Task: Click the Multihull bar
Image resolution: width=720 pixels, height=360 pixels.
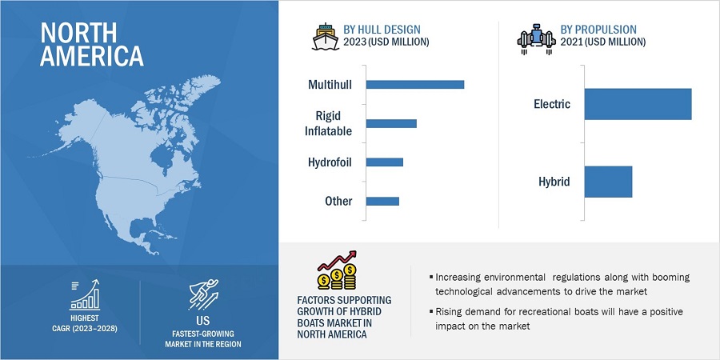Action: (x=415, y=85)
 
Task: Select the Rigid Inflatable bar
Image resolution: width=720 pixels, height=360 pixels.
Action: (x=391, y=123)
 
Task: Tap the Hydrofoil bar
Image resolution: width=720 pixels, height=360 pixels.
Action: (x=385, y=162)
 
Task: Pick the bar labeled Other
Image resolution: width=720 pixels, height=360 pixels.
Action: (x=382, y=201)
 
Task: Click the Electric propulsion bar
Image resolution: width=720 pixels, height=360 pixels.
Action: (x=638, y=104)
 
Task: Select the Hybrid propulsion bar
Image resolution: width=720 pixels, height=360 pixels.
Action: (x=609, y=182)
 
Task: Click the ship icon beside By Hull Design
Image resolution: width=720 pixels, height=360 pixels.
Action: (x=326, y=37)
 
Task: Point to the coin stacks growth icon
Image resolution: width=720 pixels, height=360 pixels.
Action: (x=337, y=271)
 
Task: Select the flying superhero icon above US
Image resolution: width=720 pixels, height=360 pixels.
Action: (x=204, y=294)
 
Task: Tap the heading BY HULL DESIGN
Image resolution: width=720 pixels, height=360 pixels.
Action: (x=382, y=30)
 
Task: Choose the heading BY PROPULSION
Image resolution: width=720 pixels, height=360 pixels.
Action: (x=598, y=30)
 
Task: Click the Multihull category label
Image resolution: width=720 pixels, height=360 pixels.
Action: (x=330, y=85)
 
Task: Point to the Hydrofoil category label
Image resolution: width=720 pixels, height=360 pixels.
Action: (x=330, y=162)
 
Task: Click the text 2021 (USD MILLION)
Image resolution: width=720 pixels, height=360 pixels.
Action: (x=603, y=42)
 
